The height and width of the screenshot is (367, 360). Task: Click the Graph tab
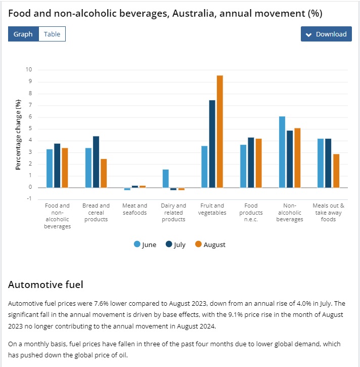(23, 34)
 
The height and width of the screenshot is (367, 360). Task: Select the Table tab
(52, 34)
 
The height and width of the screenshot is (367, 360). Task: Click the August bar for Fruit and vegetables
(220, 131)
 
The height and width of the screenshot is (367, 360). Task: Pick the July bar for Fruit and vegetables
(212, 144)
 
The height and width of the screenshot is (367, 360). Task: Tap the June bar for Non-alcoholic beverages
(282, 152)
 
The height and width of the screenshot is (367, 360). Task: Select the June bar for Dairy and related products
(166, 178)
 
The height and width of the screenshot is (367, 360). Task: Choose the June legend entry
(145, 244)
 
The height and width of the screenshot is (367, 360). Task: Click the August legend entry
(210, 244)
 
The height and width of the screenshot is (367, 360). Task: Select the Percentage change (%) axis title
(18, 135)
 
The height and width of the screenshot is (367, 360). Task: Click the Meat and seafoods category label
(134, 209)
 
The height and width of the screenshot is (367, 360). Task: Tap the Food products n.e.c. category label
(251, 213)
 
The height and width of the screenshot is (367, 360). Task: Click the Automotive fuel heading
(46, 285)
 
